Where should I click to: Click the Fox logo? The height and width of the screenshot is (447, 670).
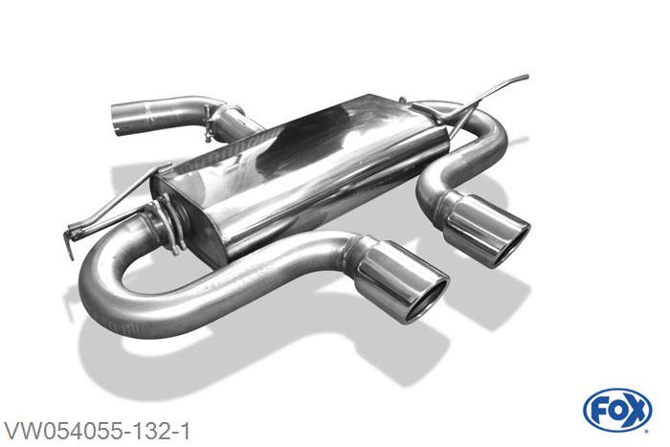(x=617, y=411)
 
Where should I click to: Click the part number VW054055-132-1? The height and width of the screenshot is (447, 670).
(x=98, y=431)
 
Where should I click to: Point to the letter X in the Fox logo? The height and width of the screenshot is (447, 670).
(x=636, y=411)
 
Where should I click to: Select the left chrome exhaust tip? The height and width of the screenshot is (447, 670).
(x=399, y=279)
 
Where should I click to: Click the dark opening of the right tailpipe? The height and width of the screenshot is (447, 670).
(x=511, y=245)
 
